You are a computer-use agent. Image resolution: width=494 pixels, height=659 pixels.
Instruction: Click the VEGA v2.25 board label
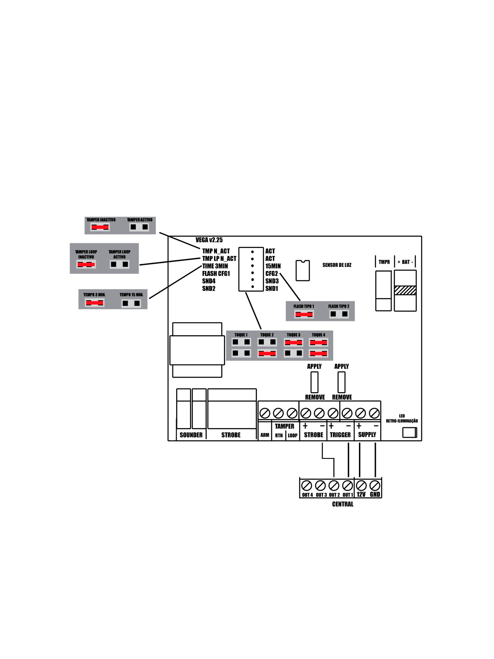(209, 240)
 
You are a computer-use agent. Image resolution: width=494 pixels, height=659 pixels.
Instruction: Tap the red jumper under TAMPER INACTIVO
(100, 227)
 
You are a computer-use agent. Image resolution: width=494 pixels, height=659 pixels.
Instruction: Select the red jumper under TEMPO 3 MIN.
(94, 303)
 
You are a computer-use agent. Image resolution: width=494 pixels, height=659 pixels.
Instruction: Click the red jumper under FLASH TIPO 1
(304, 314)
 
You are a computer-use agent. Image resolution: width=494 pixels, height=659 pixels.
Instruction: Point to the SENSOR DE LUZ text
(337, 265)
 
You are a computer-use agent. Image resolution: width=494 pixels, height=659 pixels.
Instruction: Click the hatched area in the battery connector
(405, 290)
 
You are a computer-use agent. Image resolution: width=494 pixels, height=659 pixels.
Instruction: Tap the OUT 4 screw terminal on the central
(307, 486)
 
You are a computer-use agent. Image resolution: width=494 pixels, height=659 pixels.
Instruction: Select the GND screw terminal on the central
(375, 486)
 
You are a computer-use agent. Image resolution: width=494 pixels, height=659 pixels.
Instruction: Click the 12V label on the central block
(361, 495)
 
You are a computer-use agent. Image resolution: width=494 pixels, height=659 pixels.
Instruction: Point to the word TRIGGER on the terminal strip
(340, 435)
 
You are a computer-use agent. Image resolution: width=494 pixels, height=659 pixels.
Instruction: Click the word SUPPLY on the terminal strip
(367, 435)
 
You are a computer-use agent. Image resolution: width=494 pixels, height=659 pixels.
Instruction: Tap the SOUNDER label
(191, 435)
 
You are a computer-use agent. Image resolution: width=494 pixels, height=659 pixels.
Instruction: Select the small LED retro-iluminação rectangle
(409, 432)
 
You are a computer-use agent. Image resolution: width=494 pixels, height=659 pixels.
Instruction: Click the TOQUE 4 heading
(318, 335)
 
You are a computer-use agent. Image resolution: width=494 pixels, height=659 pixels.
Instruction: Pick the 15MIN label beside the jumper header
(273, 266)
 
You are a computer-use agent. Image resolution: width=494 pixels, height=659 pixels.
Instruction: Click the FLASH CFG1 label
(216, 273)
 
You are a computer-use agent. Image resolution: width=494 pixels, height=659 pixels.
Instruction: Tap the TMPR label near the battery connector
(384, 262)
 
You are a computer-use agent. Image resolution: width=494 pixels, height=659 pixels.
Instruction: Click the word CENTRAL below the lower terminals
(343, 504)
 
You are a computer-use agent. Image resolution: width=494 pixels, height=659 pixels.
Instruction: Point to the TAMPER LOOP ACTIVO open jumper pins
(119, 264)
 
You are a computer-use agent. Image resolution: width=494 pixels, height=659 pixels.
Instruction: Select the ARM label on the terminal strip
(265, 435)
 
